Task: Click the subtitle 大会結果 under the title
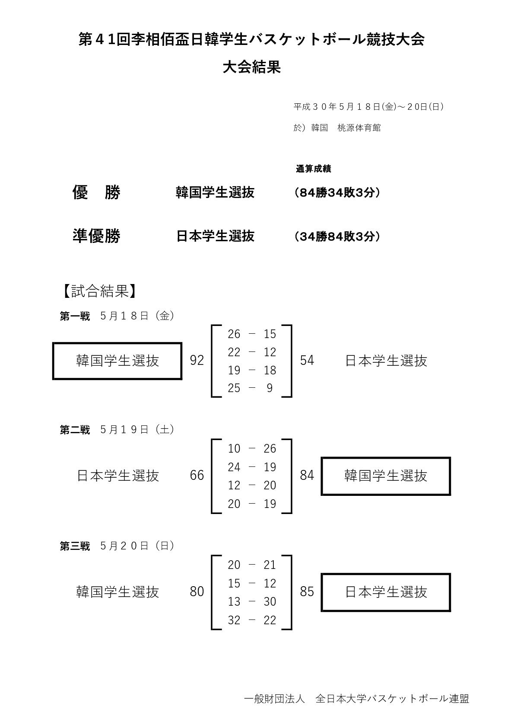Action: coord(252,67)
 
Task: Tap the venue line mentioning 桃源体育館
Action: coord(337,128)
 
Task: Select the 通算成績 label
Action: coord(313,169)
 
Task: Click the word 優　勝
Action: coord(96,192)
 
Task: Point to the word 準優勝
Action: coord(96,236)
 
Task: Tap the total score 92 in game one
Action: coord(197,361)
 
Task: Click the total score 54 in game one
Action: coord(307,361)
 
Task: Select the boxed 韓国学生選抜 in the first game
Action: coord(117,361)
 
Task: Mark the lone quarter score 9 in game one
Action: coord(270,388)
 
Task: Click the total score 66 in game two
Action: coord(197,476)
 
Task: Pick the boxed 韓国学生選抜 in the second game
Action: coord(386,476)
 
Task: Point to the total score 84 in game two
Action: coord(307,476)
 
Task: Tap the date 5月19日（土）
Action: coord(137,429)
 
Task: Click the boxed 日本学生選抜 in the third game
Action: coord(386,592)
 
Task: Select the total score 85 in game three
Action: coord(307,591)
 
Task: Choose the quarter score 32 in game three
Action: coord(234,620)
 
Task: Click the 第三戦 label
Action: coord(75,546)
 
